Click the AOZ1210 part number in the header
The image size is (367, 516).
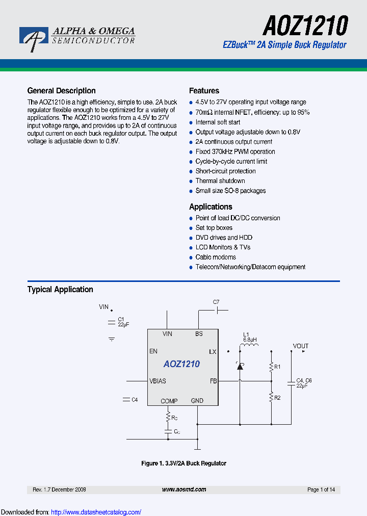pyautogui.click(x=305, y=25)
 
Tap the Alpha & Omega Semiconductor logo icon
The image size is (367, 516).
pyautogui.click(x=33, y=38)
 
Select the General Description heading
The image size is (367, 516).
pyautogui.click(x=61, y=91)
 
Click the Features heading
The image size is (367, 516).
pyautogui.click(x=204, y=91)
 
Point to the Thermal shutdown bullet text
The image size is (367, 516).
pyautogui.click(x=220, y=181)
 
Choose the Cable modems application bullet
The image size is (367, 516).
pyautogui.click(x=216, y=257)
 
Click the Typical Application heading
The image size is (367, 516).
pyautogui.click(x=60, y=290)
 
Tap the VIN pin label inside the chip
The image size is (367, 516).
pyautogui.click(x=167, y=334)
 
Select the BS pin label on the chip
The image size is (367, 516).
pyautogui.click(x=199, y=334)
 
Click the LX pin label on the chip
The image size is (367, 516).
pyautogui.click(x=213, y=352)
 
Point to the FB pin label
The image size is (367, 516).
pyautogui.click(x=213, y=381)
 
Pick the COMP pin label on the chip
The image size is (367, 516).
pyautogui.click(x=169, y=401)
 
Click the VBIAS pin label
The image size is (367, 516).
pyautogui.click(x=158, y=381)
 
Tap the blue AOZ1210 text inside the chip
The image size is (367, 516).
pyautogui.click(x=181, y=364)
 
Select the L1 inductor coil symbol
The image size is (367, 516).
pyautogui.click(x=249, y=348)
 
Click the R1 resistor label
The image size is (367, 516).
pyautogui.click(x=277, y=367)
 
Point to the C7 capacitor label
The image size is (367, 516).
pyautogui.click(x=216, y=302)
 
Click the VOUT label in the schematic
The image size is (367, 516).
pyautogui.click(x=300, y=346)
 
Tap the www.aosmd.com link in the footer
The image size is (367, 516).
pyautogui.click(x=184, y=489)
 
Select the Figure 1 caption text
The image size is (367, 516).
pyautogui.click(x=183, y=463)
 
